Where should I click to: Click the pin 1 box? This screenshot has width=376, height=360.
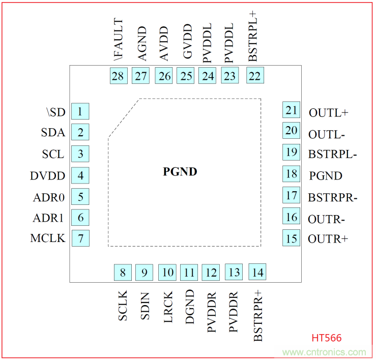pyautogui.click(x=80, y=111)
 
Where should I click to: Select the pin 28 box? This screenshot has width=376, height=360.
pyautogui.click(x=118, y=76)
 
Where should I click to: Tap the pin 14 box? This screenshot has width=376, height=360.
pyautogui.click(x=257, y=273)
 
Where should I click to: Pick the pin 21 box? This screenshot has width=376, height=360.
pyautogui.click(x=291, y=110)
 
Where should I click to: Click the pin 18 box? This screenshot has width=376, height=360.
pyautogui.click(x=292, y=174)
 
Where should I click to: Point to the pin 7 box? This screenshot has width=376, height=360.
pyautogui.click(x=80, y=238)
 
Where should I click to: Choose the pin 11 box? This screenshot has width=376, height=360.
pyautogui.click(x=189, y=273)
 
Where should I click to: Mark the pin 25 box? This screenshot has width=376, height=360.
pyautogui.click(x=186, y=76)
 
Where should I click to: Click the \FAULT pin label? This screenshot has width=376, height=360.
pyautogui.click(x=118, y=40)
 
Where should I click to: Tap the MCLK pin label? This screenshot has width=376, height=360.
pyautogui.click(x=48, y=238)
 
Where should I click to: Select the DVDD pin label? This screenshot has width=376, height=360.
pyautogui.click(x=48, y=176)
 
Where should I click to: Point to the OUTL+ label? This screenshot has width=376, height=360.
pyautogui.click(x=328, y=112)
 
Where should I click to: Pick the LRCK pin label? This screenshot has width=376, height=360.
pyautogui.click(x=167, y=306)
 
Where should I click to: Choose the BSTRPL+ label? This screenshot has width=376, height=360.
pyautogui.click(x=253, y=36)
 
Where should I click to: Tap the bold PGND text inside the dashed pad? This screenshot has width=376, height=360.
pyautogui.click(x=180, y=172)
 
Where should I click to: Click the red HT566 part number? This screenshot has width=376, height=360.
pyautogui.click(x=327, y=338)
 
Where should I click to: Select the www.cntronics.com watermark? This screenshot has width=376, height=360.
pyautogui.click(x=324, y=352)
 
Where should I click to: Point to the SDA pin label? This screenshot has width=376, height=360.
pyautogui.click(x=53, y=133)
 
